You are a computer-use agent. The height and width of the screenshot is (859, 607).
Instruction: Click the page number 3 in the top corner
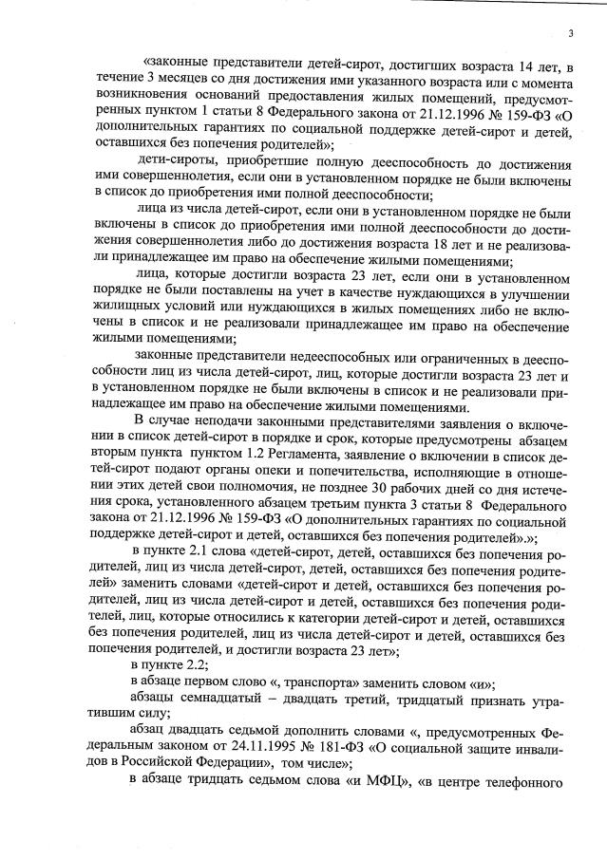(x=570, y=34)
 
